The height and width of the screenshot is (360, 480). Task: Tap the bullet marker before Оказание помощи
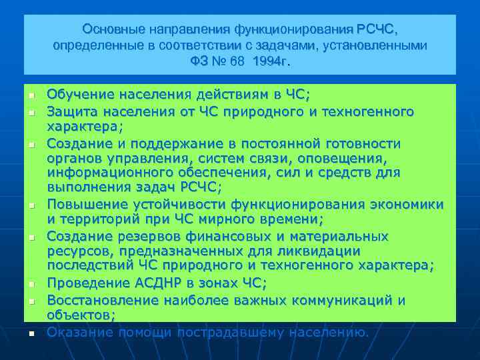coord(32,333)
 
